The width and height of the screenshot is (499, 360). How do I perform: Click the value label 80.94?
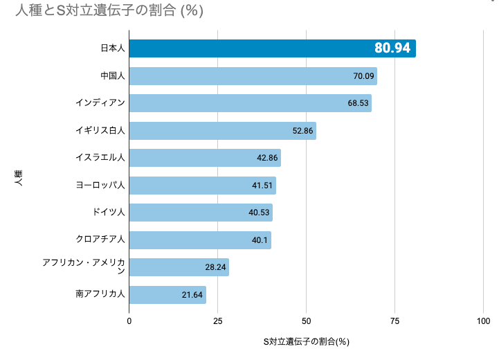392,48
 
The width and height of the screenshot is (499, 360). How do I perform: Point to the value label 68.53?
359,103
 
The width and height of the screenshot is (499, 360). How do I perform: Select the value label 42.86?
267,158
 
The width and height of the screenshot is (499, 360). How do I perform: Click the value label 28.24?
216,267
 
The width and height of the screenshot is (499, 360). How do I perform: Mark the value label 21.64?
192,295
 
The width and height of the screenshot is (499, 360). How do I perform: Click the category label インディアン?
100,103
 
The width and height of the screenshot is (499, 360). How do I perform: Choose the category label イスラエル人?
100,158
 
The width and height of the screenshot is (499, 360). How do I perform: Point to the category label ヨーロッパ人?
100,185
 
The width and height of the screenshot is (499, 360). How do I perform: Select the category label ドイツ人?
109,213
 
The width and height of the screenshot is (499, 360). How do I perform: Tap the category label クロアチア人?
100,240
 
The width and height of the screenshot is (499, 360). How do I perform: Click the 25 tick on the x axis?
218,321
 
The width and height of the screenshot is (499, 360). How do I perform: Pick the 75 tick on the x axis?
395,321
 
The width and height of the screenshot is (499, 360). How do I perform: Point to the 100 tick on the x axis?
483,321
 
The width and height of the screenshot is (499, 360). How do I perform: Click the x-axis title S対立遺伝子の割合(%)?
306,342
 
